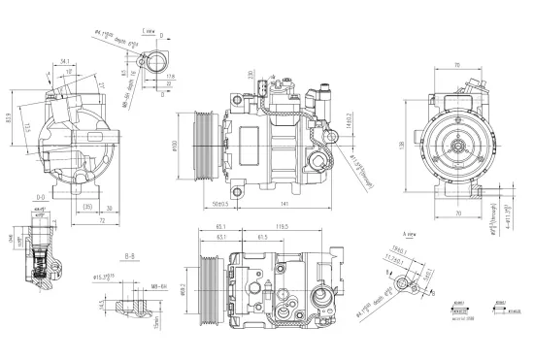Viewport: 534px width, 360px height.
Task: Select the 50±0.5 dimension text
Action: point(219,203)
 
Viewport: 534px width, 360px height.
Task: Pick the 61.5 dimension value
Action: point(262,238)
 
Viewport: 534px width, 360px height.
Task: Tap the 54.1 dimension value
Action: point(64,60)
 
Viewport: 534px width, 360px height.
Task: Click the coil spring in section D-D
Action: point(40,260)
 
